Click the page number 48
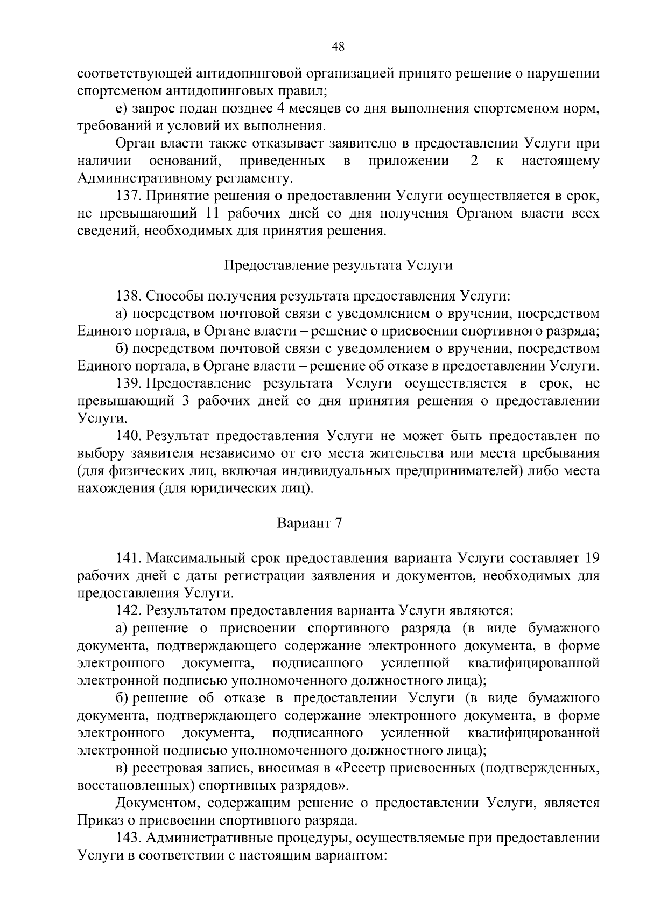point(338,47)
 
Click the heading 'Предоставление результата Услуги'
point(338,266)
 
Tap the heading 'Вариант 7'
point(310,523)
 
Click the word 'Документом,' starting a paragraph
point(153,803)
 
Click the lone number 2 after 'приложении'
point(474,161)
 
